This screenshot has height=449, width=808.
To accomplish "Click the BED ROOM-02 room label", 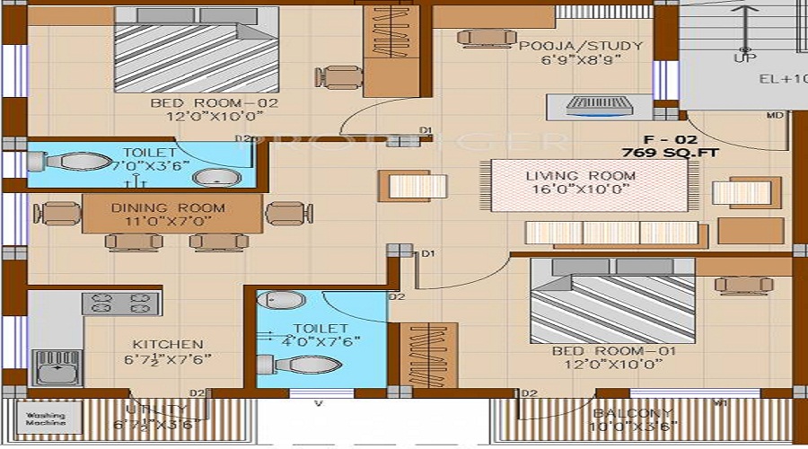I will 215,103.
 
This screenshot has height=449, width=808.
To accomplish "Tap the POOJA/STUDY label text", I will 581,46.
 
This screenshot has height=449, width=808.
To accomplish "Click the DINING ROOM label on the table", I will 169,207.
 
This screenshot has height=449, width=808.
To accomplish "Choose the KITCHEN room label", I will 168,344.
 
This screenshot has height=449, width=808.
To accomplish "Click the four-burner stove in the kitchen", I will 120,303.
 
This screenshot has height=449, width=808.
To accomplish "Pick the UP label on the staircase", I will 744,57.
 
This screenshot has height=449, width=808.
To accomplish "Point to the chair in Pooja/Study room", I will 476,37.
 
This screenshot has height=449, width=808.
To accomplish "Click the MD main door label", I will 774,116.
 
